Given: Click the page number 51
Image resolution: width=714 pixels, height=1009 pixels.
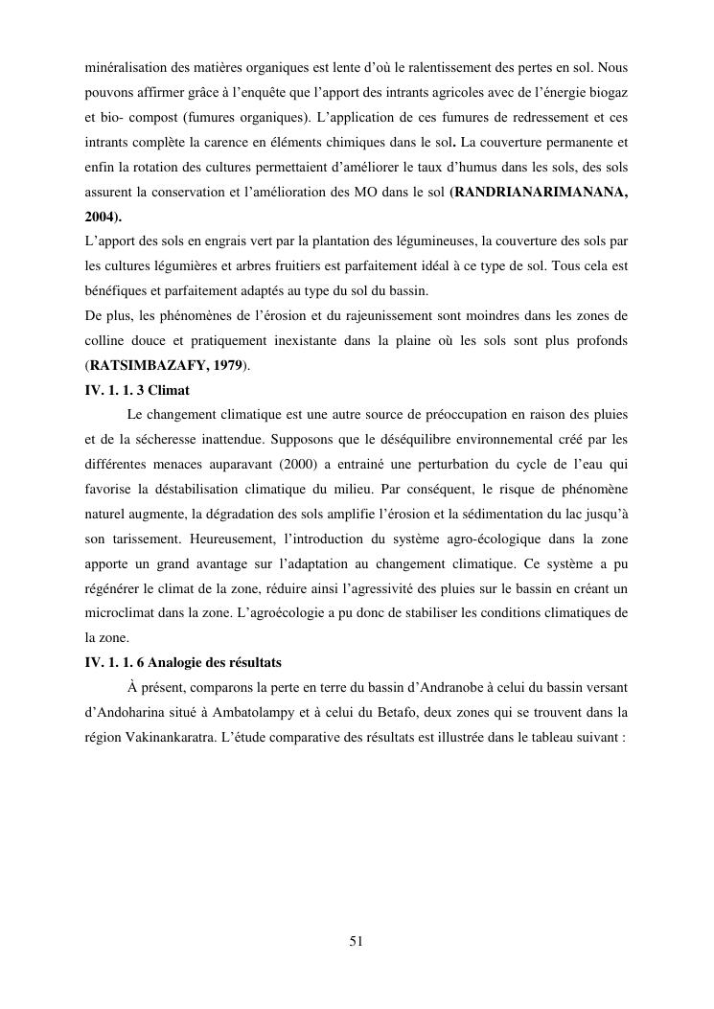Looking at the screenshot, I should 356,940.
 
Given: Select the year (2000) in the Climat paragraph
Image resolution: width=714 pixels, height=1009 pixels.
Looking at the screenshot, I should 272,465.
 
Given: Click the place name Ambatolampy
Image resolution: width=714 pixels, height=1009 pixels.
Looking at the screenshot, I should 296,713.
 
